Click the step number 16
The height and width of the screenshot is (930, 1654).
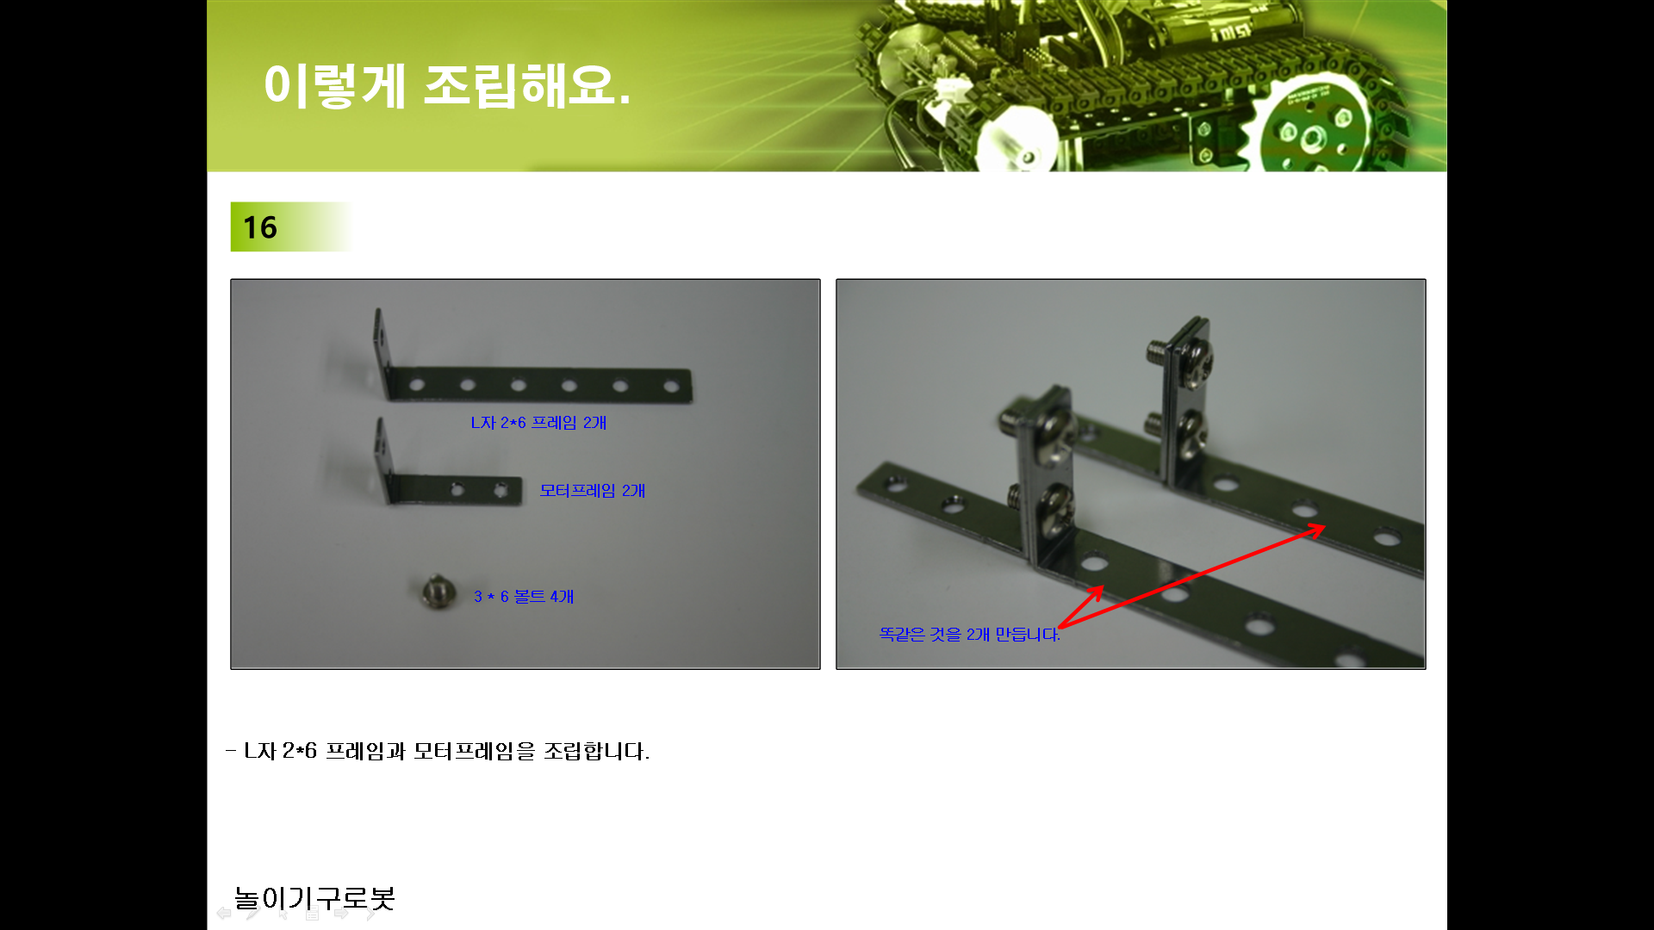click(x=259, y=227)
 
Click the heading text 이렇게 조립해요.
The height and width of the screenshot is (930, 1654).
click(x=447, y=85)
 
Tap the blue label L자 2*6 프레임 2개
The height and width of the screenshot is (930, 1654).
click(x=538, y=423)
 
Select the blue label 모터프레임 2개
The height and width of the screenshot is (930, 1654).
click(x=593, y=491)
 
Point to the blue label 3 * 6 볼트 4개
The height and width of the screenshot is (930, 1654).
click(x=524, y=597)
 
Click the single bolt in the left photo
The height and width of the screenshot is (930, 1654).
click(x=437, y=592)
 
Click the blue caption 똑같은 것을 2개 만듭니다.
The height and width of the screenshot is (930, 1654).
click(x=969, y=635)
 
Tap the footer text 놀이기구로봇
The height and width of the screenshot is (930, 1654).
click(x=314, y=898)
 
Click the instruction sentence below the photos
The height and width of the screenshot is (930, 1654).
click(x=438, y=751)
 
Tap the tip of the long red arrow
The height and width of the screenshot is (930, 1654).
click(x=1325, y=527)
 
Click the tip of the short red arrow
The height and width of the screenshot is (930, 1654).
click(x=1103, y=587)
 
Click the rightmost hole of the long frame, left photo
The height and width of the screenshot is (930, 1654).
click(x=671, y=386)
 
